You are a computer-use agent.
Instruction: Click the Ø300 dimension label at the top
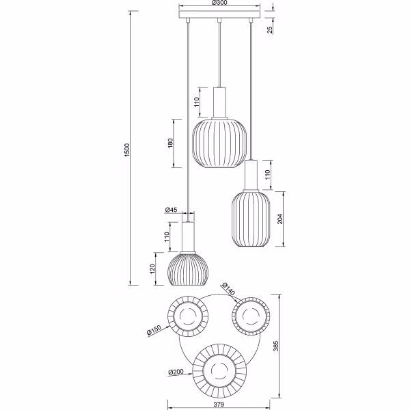coord(219,3)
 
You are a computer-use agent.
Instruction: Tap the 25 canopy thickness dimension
coord(271,28)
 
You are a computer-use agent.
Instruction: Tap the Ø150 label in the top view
coord(154,332)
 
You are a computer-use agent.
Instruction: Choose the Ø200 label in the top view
coord(175,373)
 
